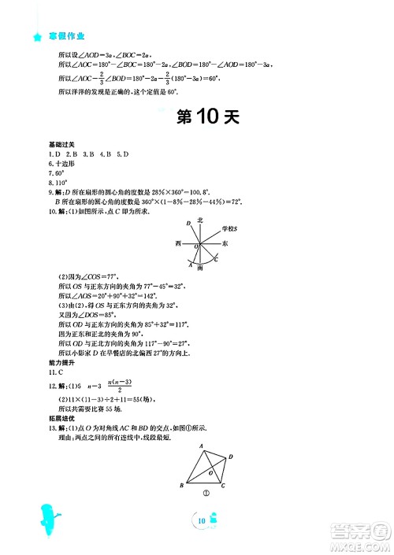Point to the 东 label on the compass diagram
tap(226, 245)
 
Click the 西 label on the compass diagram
tap(179, 245)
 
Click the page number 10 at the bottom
tap(203, 520)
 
